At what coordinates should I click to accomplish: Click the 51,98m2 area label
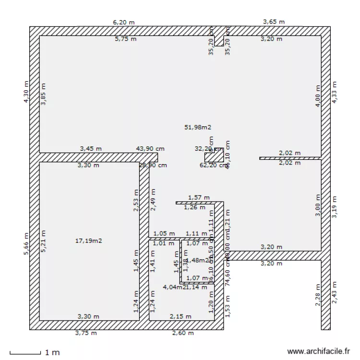click(198, 127)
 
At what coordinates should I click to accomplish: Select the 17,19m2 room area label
click(89, 241)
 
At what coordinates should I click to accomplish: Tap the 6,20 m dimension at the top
click(123, 22)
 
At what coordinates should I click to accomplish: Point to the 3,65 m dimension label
click(274, 22)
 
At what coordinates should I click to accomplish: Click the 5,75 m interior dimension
click(126, 39)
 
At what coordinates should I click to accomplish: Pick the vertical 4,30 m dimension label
click(26, 91)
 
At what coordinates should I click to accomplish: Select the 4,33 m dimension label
click(335, 91)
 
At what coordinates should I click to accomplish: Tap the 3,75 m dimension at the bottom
click(86, 333)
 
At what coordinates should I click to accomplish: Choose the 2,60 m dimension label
click(183, 333)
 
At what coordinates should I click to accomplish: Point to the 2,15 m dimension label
click(180, 316)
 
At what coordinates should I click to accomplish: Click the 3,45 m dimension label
click(91, 149)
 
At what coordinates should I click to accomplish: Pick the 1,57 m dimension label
click(199, 197)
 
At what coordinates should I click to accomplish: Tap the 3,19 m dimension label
click(335, 206)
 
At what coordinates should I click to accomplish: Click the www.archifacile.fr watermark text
click(318, 351)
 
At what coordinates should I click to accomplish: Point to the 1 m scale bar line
click(25, 354)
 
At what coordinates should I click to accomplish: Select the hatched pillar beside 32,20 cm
click(214, 156)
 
